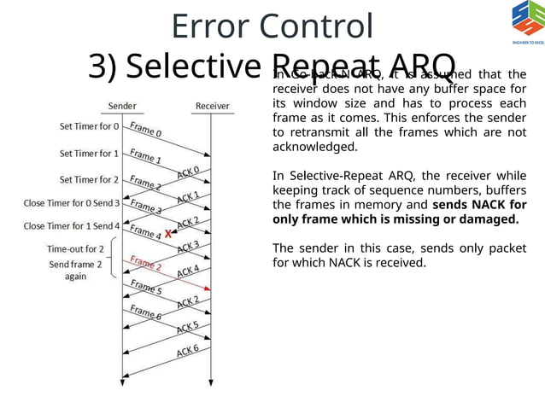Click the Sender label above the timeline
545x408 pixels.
point(122,106)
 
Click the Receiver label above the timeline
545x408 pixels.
point(213,106)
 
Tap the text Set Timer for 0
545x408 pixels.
point(90,127)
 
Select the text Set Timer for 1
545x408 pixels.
point(90,154)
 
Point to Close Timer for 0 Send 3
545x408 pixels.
point(72,203)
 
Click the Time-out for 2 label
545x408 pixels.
point(75,248)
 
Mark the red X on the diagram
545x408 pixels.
point(169,233)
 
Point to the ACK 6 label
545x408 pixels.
point(189,350)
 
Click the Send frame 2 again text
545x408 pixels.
point(75,271)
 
